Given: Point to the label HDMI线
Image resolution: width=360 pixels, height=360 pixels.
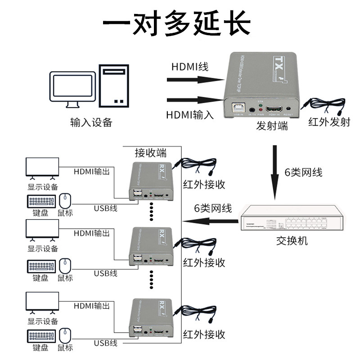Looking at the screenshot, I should [x=189, y=67].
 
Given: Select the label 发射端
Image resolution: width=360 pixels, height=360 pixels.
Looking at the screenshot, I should [x=272, y=126].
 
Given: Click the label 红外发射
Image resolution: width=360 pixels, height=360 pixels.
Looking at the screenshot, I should [x=329, y=122].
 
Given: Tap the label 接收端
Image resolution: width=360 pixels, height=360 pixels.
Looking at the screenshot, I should [x=151, y=153].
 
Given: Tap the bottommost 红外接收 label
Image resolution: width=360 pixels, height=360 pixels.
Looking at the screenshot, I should [x=204, y=334].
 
